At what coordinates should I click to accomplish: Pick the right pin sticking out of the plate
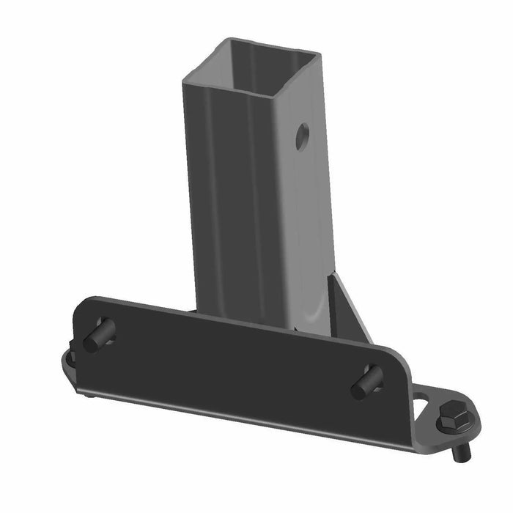point(363,385)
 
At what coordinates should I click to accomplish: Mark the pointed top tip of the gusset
point(337,273)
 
